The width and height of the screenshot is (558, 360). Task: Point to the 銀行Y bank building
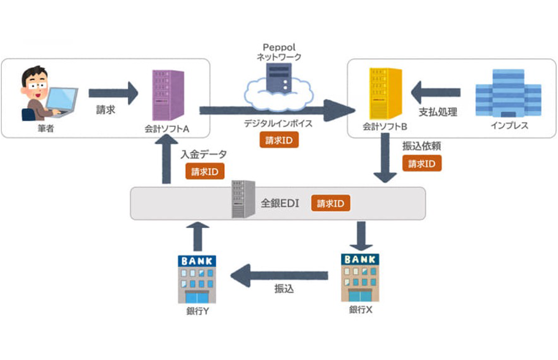coord(197,279)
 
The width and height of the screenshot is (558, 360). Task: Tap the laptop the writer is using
coord(62,99)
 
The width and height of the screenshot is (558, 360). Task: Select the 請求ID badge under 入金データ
coord(205,171)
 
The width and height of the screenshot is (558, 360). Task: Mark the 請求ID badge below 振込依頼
coord(422,164)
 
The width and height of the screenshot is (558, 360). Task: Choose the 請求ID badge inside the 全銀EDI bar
coord(330,203)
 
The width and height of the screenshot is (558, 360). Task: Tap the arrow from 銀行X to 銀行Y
coord(279,275)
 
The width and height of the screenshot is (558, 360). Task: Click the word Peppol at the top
coord(279,47)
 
